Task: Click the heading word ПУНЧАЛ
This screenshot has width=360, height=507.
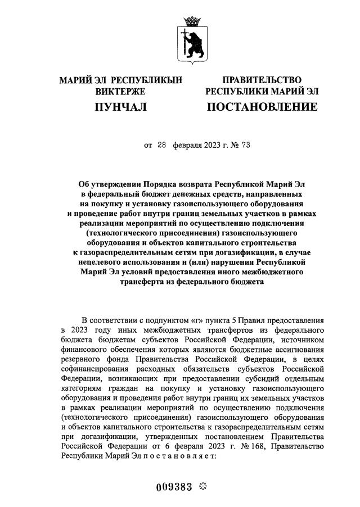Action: pyautogui.click(x=121, y=106)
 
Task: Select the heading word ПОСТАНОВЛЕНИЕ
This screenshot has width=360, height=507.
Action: pyautogui.click(x=262, y=106)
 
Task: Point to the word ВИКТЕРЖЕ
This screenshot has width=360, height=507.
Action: pyautogui.click(x=121, y=91)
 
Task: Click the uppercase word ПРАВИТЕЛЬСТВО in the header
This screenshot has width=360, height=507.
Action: pyautogui.click(x=262, y=80)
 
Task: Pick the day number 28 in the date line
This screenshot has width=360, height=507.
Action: pyautogui.click(x=162, y=145)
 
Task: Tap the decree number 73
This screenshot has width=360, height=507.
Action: pyautogui.click(x=245, y=145)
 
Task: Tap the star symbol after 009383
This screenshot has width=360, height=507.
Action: pyautogui.click(x=204, y=486)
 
